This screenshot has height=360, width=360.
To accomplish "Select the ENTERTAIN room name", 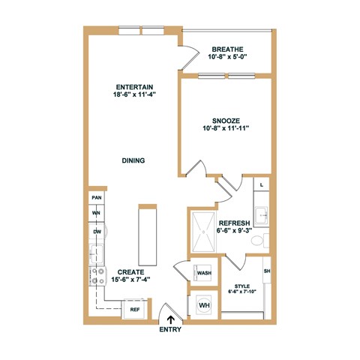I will [x=134, y=87].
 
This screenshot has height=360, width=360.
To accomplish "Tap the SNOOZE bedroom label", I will [x=226, y=119].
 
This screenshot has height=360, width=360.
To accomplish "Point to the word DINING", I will [x=133, y=160].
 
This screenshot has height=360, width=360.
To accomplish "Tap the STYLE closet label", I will [x=242, y=285].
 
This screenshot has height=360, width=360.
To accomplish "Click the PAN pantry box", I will [x=97, y=197].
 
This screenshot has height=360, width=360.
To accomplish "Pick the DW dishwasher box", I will [x=97, y=232].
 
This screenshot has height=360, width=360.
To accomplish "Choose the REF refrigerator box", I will [x=135, y=308].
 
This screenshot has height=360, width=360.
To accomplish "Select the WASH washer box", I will [x=203, y=273].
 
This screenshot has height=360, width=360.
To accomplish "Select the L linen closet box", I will [x=260, y=183].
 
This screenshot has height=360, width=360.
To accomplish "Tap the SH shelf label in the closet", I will [x=266, y=271].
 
